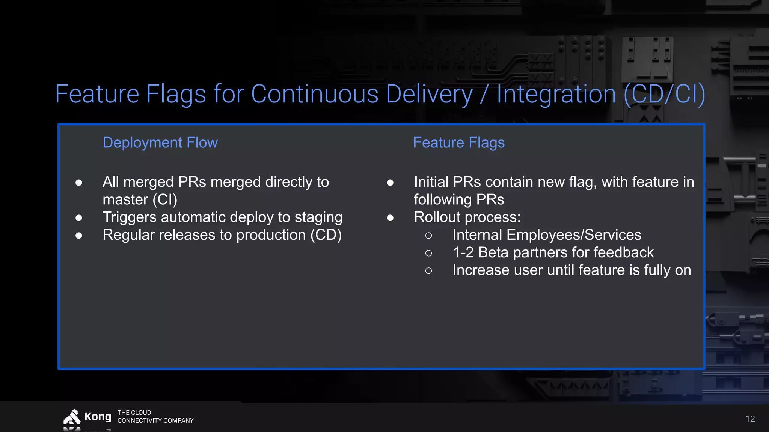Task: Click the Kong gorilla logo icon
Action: [x=72, y=417]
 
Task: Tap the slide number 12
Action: [x=750, y=419]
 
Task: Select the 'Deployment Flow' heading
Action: [x=160, y=143]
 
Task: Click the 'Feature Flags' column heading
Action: [x=458, y=143]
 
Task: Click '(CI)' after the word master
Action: [x=165, y=200]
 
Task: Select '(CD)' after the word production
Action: [x=326, y=235]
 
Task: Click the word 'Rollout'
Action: [x=437, y=217]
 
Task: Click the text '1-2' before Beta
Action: [x=463, y=253]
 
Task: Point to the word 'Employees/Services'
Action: [x=574, y=235]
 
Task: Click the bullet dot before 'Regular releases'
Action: [x=79, y=235]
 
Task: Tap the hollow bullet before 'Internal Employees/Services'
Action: [x=428, y=235]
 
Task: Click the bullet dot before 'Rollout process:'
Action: [x=390, y=218]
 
